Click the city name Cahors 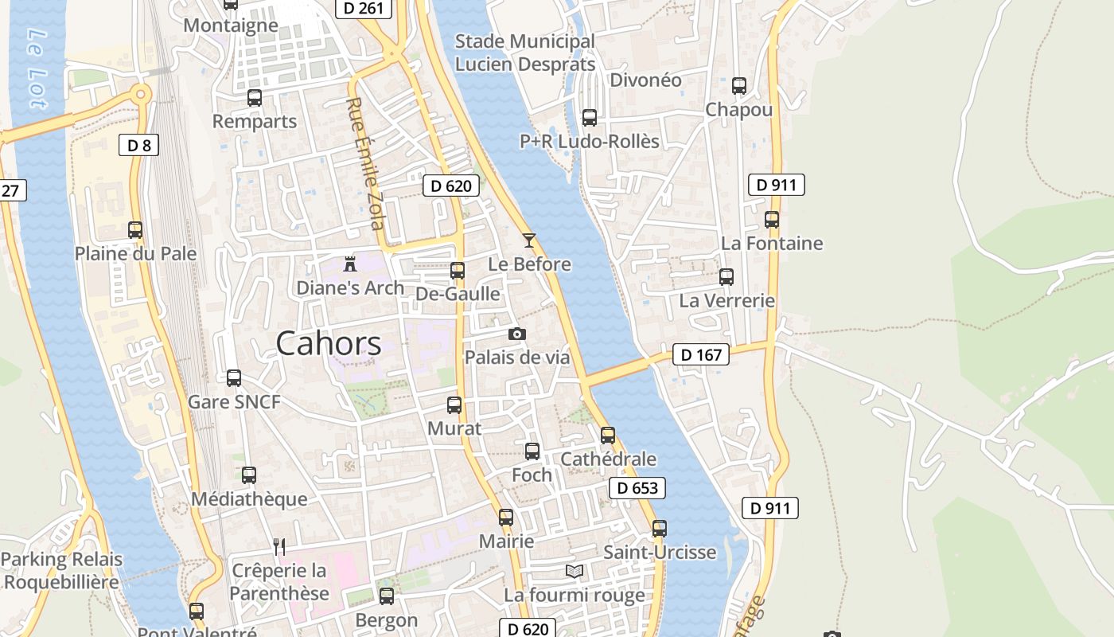tap(329, 343)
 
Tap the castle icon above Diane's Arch tap(349, 264)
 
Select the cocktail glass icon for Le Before tap(529, 240)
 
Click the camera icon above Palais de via tap(517, 334)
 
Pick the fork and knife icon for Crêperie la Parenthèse tap(279, 546)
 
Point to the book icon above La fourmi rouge tap(575, 571)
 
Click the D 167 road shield tap(700, 354)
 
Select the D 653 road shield tap(637, 488)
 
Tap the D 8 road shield tap(138, 145)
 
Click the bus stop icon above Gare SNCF tap(234, 378)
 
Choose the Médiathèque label tap(249, 499)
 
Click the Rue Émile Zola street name tap(366, 163)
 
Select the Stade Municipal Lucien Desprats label tap(524, 53)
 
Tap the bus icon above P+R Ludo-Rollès tap(590, 118)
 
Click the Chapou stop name tap(738, 110)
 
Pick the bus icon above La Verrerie tap(726, 277)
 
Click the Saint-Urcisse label tap(660, 552)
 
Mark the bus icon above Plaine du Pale tap(135, 230)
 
